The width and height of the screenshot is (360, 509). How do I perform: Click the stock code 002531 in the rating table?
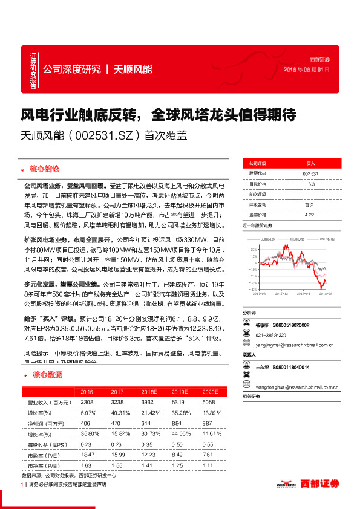click(310, 173)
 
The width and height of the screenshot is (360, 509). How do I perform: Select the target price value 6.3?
click(311, 183)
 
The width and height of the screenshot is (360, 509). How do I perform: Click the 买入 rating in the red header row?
click(310, 163)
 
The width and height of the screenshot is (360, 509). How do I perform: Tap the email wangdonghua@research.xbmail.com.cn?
click(295, 385)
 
